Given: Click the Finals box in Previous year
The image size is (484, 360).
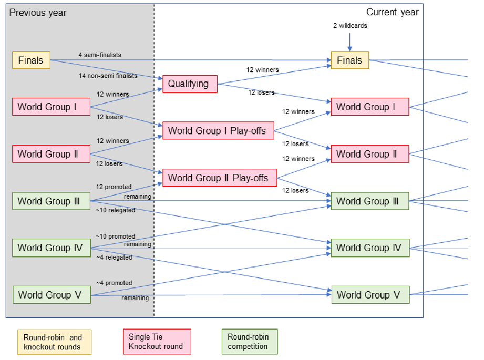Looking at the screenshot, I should pos(31,60).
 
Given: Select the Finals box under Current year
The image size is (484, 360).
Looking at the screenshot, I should pos(349,60).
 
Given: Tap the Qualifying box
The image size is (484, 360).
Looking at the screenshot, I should pos(190,84).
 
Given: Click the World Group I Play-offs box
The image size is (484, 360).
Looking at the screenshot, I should pos(218,131).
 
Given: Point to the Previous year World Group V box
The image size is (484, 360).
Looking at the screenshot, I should pos(52,295).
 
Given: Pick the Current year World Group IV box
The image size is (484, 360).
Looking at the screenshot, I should pos(370,248).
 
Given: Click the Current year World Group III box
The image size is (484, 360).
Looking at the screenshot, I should pos(370,201).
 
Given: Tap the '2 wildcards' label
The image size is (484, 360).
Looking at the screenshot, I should pos(350,25).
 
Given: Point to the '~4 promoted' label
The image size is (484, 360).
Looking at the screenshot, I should pos(114,283).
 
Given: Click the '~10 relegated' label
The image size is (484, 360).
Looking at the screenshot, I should pos(115,210).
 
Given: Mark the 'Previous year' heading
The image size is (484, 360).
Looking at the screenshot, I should pos(38,12).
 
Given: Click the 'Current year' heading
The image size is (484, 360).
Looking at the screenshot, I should pos(392,12).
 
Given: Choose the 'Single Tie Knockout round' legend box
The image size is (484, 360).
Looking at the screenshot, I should pos(156,342).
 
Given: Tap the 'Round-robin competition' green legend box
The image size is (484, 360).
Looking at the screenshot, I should pos(249,342).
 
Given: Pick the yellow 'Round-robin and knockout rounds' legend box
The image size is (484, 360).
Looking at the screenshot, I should pos(54,342).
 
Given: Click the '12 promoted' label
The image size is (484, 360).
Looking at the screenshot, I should pos(114,187).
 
